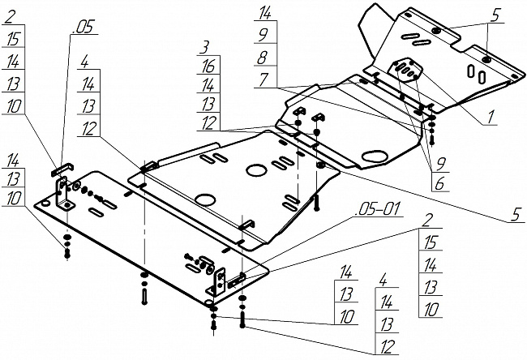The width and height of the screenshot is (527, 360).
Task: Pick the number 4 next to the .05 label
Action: (x=85, y=61)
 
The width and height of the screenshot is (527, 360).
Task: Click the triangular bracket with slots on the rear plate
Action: (x=408, y=69)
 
